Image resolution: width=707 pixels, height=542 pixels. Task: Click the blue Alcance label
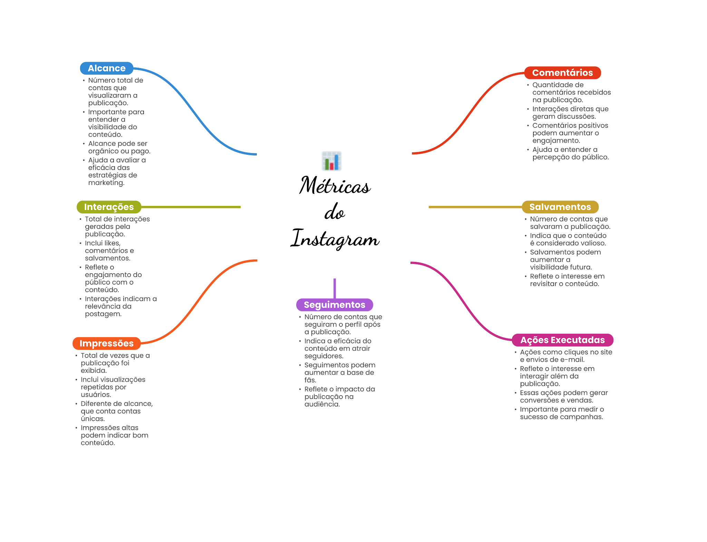[x=106, y=68]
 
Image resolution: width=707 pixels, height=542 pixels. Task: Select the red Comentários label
[x=562, y=73]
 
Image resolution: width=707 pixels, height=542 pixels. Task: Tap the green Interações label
[x=109, y=207]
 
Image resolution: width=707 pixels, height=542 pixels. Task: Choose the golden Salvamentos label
[x=560, y=207]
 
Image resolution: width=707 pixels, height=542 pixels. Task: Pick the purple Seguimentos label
[x=334, y=305]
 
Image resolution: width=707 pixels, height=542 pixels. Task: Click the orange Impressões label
[x=106, y=343]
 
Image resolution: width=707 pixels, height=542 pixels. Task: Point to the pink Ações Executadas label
[x=562, y=340]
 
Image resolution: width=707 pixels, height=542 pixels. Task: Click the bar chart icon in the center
[x=331, y=161]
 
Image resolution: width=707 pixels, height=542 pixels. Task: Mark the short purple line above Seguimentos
[x=335, y=288]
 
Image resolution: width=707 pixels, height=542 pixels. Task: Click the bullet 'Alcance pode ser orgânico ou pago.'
[x=119, y=148]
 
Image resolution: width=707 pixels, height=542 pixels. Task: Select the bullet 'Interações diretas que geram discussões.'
[x=570, y=113]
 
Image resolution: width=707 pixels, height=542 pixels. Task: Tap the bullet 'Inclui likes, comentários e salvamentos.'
[x=109, y=251]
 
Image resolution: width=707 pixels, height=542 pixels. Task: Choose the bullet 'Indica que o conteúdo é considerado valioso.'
[x=568, y=239]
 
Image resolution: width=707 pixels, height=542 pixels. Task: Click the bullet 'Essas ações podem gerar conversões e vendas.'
[x=563, y=397]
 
